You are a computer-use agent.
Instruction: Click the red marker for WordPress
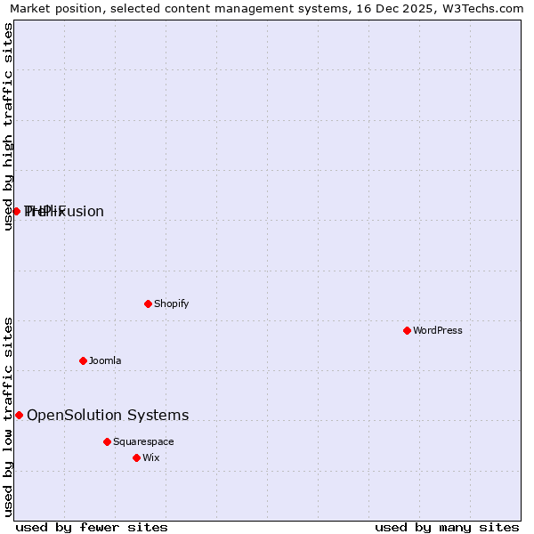click(407, 330)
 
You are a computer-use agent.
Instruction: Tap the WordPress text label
click(438, 330)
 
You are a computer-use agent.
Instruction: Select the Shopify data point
click(148, 303)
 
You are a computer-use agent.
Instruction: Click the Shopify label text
click(172, 303)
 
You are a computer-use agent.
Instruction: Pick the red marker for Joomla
click(83, 360)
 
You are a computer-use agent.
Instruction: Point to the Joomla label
click(105, 360)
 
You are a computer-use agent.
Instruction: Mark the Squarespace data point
click(107, 441)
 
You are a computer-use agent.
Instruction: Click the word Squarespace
click(143, 441)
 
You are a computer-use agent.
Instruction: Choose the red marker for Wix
click(136, 457)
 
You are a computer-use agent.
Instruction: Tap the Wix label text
click(150, 457)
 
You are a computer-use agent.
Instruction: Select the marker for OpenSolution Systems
click(19, 415)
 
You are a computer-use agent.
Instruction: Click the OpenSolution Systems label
click(108, 415)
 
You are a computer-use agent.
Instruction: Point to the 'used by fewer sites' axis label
click(92, 527)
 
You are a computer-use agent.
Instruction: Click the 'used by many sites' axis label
click(447, 527)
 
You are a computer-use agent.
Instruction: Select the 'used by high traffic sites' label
click(9, 126)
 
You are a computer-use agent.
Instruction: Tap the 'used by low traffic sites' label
click(9, 416)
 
